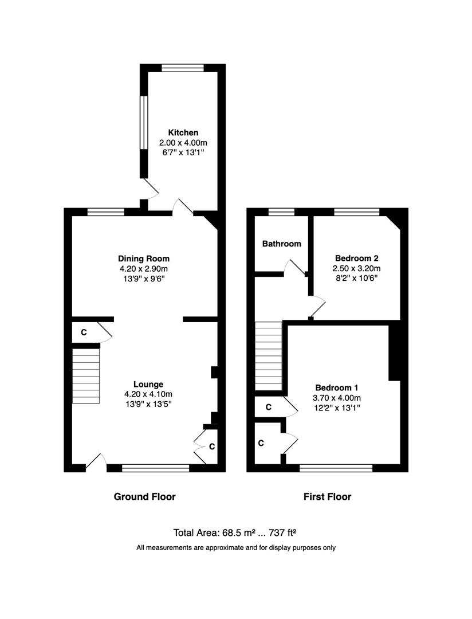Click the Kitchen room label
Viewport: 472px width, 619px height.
pyautogui.click(x=183, y=132)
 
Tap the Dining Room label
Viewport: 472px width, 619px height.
pyautogui.click(x=144, y=258)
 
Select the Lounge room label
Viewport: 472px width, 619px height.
pyautogui.click(x=148, y=384)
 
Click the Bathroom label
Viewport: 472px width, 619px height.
pyautogui.click(x=281, y=244)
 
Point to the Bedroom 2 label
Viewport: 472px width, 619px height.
pyautogui.click(x=356, y=258)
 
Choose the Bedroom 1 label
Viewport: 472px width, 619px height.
pyautogui.click(x=337, y=387)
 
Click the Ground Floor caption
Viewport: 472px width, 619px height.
pyautogui.click(x=144, y=496)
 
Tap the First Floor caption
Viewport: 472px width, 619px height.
pyautogui.click(x=327, y=496)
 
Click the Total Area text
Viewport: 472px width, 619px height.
pyautogui.click(x=235, y=533)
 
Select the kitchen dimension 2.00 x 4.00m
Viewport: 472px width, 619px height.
pyautogui.click(x=183, y=143)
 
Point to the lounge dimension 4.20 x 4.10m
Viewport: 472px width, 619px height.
pyautogui.click(x=148, y=394)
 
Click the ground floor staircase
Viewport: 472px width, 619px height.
pyautogui.click(x=86, y=376)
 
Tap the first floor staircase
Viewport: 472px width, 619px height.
pyautogui.click(x=269, y=356)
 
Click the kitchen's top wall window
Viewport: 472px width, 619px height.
pyautogui.click(x=183, y=68)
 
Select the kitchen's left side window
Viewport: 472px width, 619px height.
pyautogui.click(x=144, y=123)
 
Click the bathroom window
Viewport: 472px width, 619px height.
pyautogui.click(x=281, y=212)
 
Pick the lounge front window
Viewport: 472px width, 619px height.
pyautogui.click(x=155, y=468)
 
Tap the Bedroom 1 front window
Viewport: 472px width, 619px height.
pyautogui.click(x=336, y=468)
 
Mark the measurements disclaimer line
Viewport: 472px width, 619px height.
pyautogui.click(x=236, y=547)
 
